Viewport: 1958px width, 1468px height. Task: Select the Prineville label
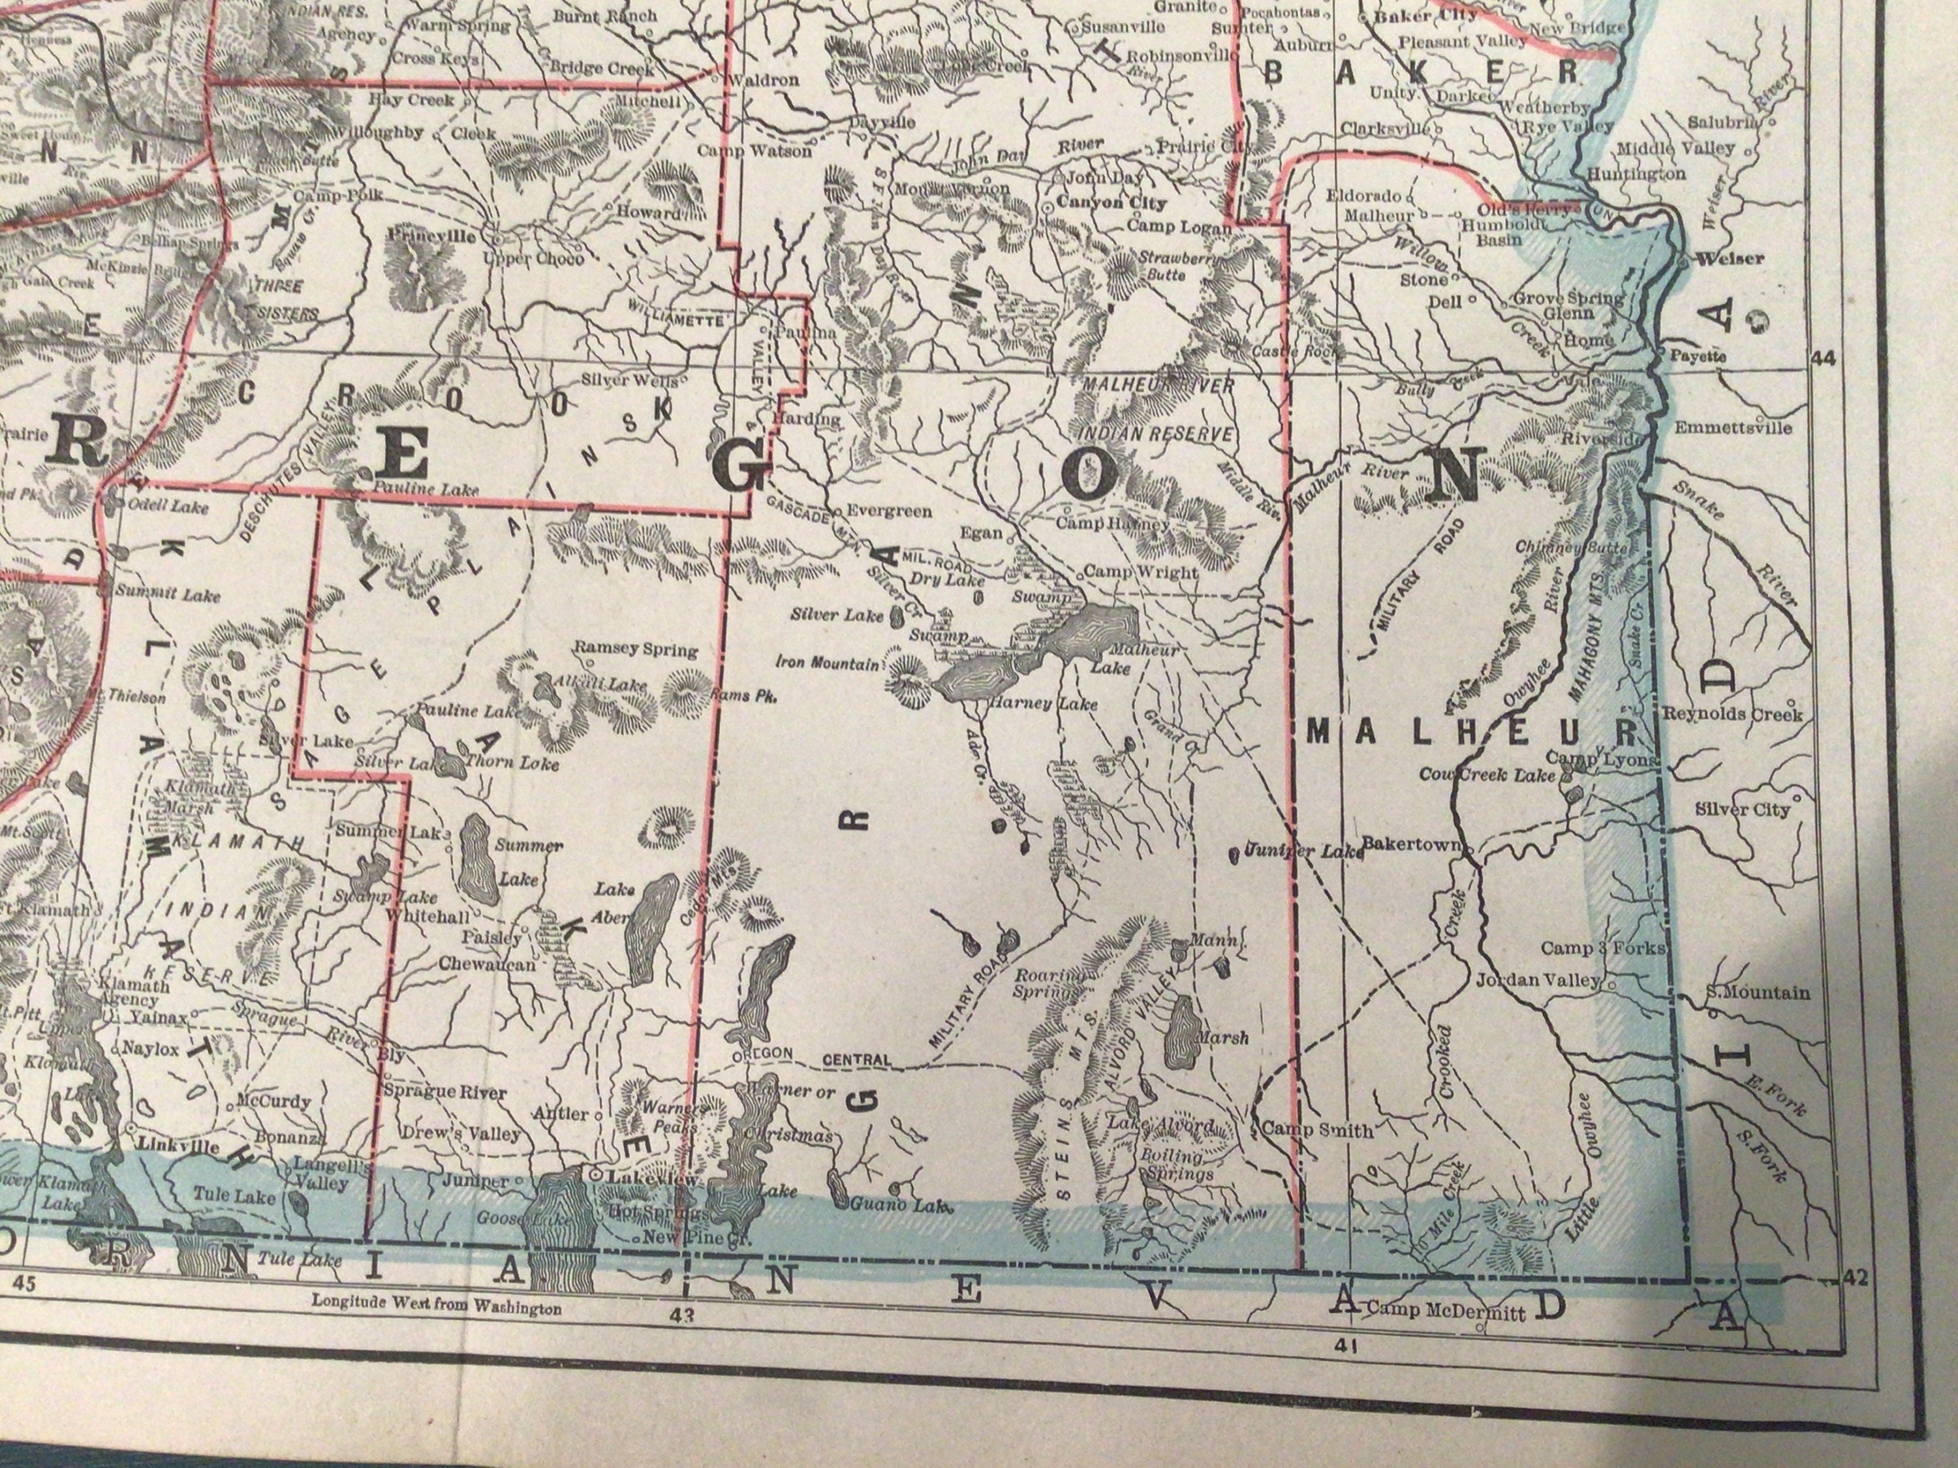pos(432,237)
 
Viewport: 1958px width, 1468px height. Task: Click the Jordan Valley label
pos(1538,981)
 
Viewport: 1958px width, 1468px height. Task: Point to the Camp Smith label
pos(1317,1130)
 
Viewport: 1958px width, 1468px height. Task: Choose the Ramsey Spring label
pos(636,649)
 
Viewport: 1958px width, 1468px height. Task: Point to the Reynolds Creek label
pos(1732,713)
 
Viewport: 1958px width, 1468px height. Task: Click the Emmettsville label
pos(1732,428)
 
